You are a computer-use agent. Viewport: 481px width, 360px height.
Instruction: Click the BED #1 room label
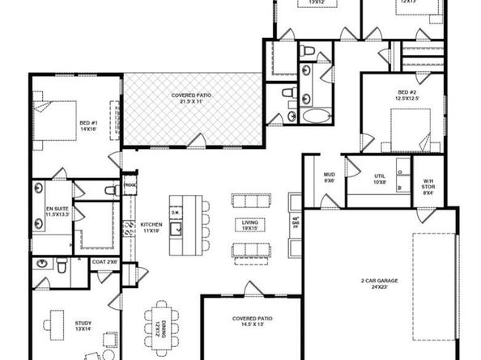pos(87,127)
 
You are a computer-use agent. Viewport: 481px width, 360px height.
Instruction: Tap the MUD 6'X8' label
pos(330,177)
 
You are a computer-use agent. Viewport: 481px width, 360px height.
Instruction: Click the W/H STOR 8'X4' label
pos(428,186)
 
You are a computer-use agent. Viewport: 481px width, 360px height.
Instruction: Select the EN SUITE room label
pos(56,211)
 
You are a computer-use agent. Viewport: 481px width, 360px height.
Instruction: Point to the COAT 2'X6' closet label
pos(105,261)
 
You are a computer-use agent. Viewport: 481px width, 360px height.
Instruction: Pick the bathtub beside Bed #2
pos(312,113)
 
